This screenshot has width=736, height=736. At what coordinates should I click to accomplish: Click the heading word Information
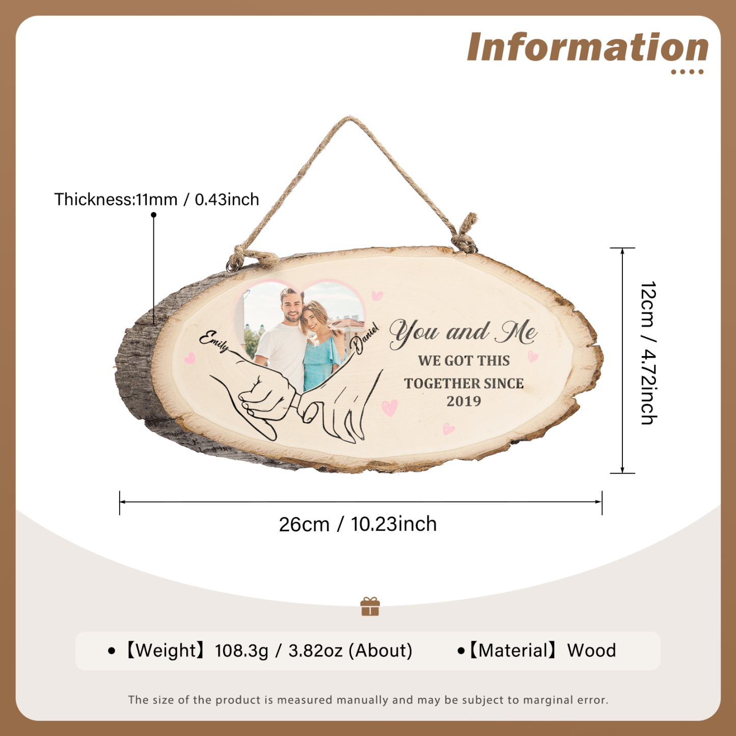coord(587,47)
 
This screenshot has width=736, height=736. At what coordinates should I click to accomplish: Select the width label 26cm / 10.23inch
coord(358,524)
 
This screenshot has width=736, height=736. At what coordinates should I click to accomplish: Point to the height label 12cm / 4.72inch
coord(648,353)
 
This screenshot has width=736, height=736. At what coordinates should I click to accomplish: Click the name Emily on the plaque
coord(214,341)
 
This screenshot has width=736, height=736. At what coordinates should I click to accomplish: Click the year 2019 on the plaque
coord(464,401)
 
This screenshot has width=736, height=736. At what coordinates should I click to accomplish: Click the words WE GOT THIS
coord(464,361)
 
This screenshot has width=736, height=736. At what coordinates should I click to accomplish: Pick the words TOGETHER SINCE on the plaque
coord(464,384)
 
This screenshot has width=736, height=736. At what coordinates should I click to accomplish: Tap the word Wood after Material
coord(591,650)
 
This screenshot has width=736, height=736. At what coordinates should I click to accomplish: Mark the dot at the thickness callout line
coord(153,215)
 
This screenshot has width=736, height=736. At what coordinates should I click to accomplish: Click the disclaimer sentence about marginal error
coord(368,700)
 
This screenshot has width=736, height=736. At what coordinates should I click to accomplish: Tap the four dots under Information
coord(687,72)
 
